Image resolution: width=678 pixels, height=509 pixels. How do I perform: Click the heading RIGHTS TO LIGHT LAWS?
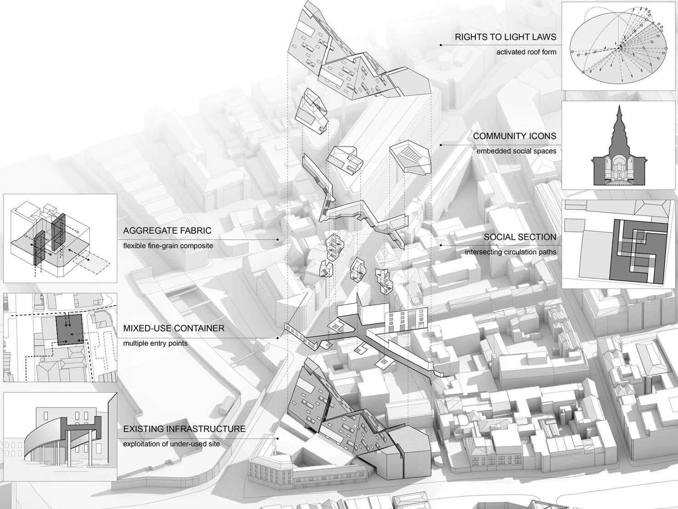(505, 37)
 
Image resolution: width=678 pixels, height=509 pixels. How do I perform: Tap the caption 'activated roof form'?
(526, 52)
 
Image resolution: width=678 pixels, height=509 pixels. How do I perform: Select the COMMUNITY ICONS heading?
(514, 136)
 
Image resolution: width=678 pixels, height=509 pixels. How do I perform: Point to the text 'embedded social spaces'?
(516, 151)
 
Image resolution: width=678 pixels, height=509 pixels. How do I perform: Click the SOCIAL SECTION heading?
(520, 237)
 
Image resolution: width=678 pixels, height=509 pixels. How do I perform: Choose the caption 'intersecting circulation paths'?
(510, 252)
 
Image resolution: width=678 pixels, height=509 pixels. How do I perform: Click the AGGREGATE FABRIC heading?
(167, 231)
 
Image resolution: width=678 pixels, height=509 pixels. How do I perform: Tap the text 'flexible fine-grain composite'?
(168, 245)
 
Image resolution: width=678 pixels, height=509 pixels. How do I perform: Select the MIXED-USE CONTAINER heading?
(174, 328)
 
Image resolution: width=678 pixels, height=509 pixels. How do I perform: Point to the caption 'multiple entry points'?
(155, 343)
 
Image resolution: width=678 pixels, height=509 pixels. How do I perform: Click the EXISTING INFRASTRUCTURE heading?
(184, 429)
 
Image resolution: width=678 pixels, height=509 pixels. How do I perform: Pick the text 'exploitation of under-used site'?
(171, 444)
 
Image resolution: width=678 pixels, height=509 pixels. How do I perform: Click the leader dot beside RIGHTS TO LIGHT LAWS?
(441, 45)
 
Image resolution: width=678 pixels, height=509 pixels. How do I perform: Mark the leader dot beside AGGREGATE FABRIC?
(278, 239)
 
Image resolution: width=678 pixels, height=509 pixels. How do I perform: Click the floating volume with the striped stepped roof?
(410, 159)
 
